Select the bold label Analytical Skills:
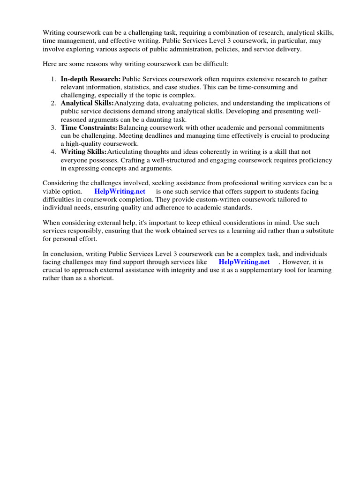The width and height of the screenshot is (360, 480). pos(87,103)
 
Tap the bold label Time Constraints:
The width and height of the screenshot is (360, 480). pos(89,127)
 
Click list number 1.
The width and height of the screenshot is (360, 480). pos(53,79)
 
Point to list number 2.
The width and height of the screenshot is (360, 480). pos(53,103)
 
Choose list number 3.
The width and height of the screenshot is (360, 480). pos(53,127)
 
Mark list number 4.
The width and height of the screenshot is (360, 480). pos(53,152)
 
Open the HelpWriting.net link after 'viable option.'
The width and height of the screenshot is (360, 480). pos(120,191)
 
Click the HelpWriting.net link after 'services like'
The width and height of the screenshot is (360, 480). pos(244,262)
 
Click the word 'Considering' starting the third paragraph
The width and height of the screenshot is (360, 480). pos(60,183)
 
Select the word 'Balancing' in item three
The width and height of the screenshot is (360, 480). pos(134,127)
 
